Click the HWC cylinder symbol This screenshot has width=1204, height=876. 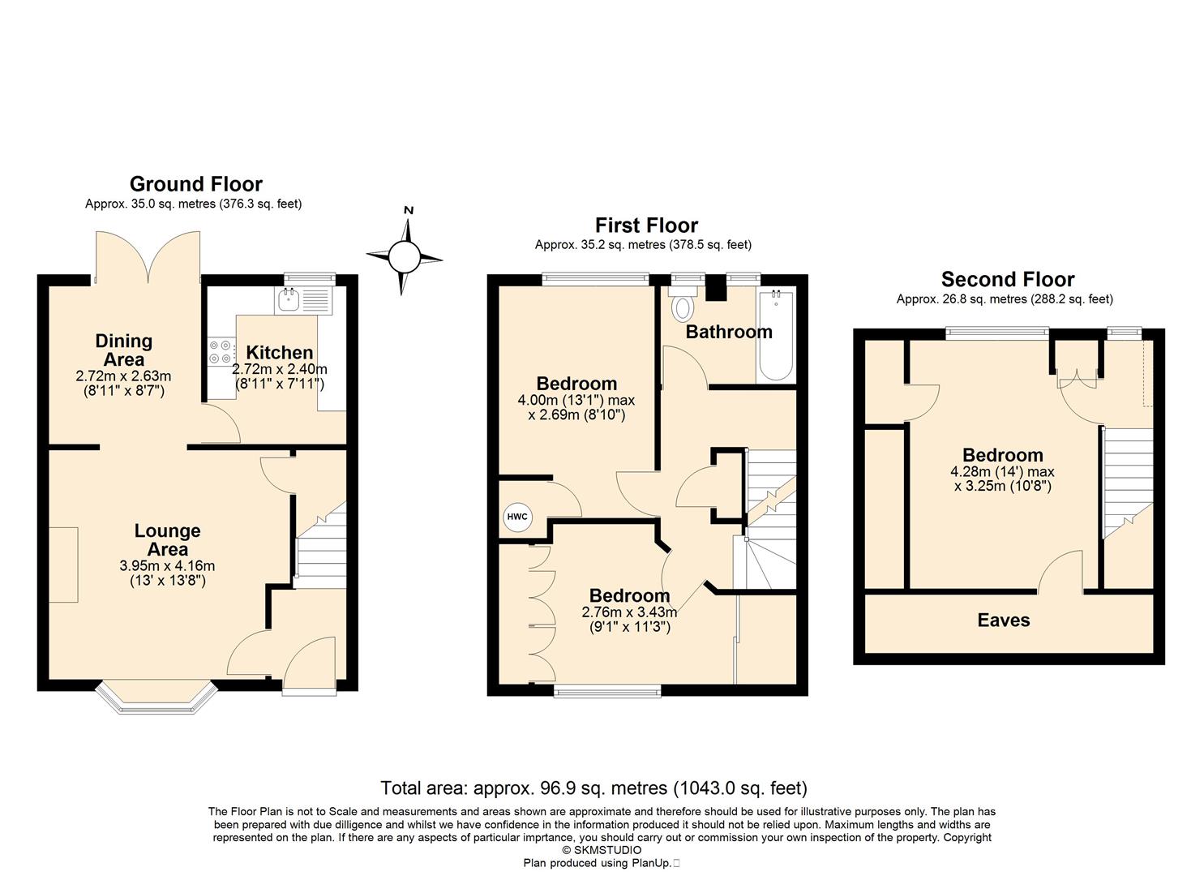[517, 517]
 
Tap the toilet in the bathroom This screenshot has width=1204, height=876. [683, 304]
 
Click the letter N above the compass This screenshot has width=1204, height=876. [409, 210]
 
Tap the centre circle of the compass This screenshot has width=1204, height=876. [405, 257]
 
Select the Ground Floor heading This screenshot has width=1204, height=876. [196, 184]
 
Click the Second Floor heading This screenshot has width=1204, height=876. [1008, 280]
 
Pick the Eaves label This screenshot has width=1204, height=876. [1004, 620]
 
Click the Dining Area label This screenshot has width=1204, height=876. [124, 350]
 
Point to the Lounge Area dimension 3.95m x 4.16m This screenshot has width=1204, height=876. [167, 565]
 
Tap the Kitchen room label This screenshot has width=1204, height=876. [280, 352]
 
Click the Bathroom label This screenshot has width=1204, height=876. [729, 332]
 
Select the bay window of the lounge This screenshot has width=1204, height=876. [157, 698]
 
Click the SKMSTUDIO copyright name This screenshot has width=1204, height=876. [607, 850]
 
